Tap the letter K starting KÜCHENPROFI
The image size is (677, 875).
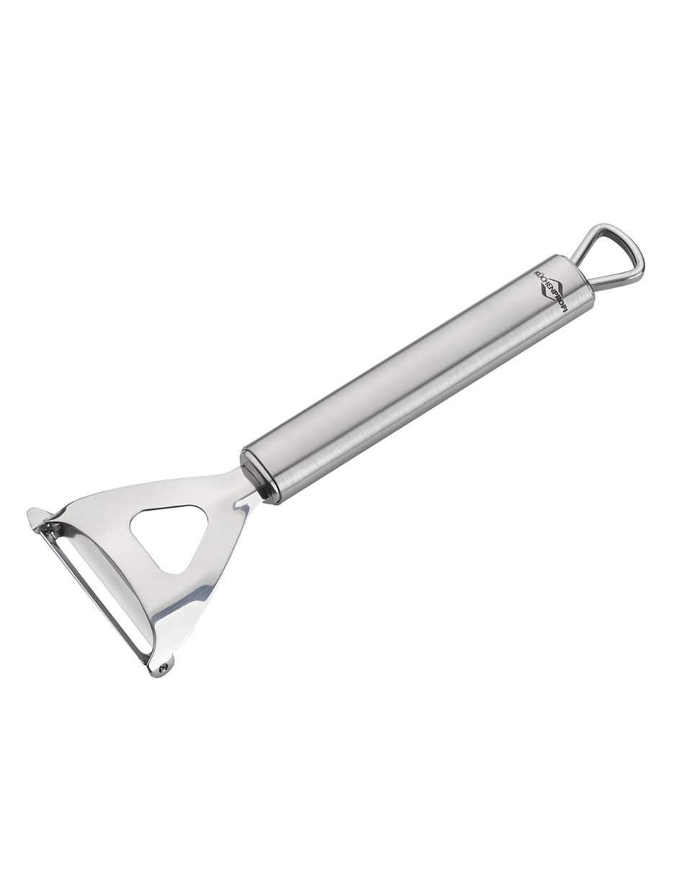pos(537,271)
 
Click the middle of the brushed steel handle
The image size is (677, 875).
pos(418,379)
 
